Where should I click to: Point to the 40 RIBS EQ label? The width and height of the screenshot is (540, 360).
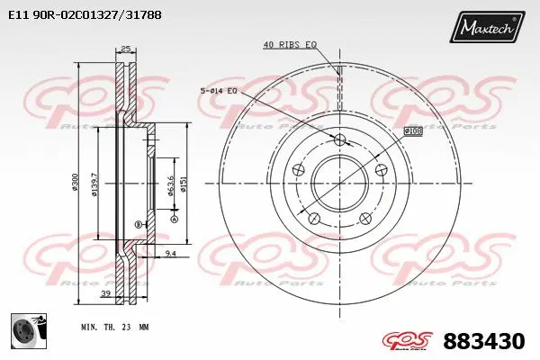[290, 44]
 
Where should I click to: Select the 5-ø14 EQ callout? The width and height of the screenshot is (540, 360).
[219, 90]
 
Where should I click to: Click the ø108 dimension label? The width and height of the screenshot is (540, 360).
[413, 131]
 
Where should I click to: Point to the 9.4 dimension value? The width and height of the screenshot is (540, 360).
[171, 255]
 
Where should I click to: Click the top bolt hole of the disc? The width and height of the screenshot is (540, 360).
[340, 139]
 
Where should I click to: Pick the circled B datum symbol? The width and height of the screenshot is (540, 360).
[138, 223]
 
